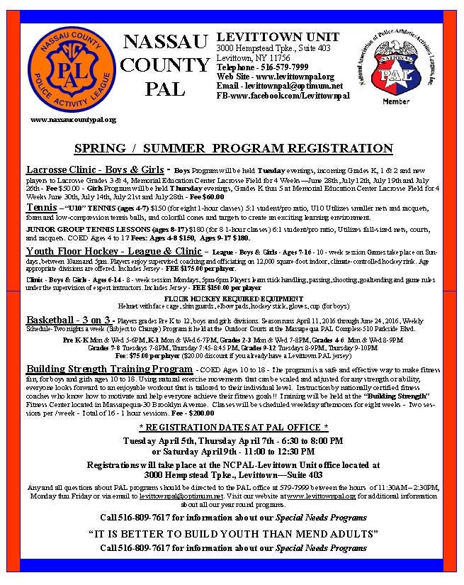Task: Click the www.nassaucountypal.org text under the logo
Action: pyautogui.click(x=73, y=119)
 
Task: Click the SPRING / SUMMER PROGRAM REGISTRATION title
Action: pyautogui.click(x=233, y=149)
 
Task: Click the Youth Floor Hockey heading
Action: pyautogui.click(x=113, y=252)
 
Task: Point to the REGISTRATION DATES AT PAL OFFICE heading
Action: pyautogui.click(x=232, y=428)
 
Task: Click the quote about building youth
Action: pyautogui.click(x=232, y=533)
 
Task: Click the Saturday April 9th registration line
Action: pyautogui.click(x=232, y=451)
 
